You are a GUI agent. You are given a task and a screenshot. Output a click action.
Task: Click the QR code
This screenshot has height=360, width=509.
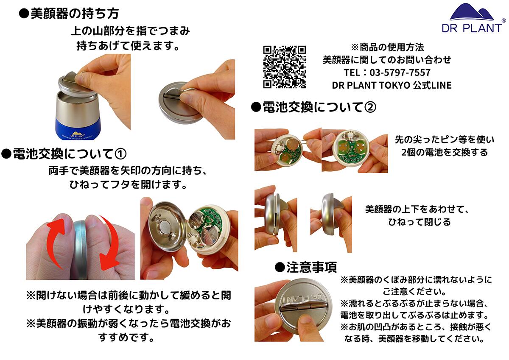coord(285,67)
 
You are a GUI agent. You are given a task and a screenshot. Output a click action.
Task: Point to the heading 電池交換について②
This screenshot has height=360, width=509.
coord(313,107)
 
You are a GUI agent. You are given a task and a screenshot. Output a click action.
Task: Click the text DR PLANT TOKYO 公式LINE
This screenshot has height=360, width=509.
coord(392,85)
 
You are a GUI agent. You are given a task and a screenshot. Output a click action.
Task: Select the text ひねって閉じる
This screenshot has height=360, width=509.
coord(419,222)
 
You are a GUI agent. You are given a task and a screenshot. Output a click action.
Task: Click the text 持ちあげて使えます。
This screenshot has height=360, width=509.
coord(128,45)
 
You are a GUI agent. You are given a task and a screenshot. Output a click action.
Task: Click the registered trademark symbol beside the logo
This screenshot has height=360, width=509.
coord(503,20)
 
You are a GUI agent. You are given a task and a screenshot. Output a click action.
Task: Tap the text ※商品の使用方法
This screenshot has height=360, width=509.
coord(387,47)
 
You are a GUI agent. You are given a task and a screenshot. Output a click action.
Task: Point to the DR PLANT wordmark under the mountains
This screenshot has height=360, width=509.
coord(471,28)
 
